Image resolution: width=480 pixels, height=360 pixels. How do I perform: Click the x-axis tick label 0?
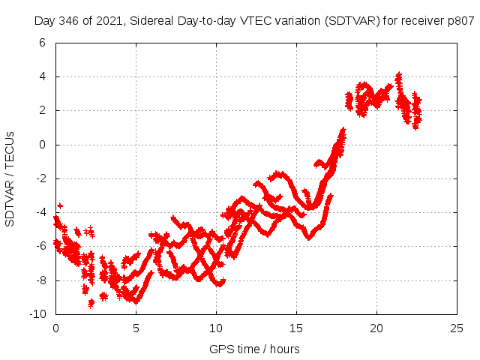pos(55,328)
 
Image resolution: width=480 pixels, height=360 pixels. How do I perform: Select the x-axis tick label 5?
pos(136,328)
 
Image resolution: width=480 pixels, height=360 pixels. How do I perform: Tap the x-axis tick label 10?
pos(216,328)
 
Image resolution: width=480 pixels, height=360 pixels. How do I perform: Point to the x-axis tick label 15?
pos(296,328)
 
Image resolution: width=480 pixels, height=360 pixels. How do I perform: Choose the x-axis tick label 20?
pos(376,328)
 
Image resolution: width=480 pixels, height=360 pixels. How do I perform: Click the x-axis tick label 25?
pos(457,328)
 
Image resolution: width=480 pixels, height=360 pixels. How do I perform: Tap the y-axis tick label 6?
pos(42,43)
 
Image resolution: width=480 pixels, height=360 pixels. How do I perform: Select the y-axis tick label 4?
pos(42,76)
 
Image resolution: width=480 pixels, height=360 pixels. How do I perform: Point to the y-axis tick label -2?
pos(40,178)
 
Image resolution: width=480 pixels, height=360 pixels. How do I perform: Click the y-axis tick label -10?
pos(37,314)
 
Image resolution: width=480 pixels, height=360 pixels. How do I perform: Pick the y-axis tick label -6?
pos(40,246)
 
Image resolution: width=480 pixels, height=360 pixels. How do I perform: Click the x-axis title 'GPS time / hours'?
pos(256,349)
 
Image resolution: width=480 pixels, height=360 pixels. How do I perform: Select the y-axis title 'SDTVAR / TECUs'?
pos(10,178)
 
